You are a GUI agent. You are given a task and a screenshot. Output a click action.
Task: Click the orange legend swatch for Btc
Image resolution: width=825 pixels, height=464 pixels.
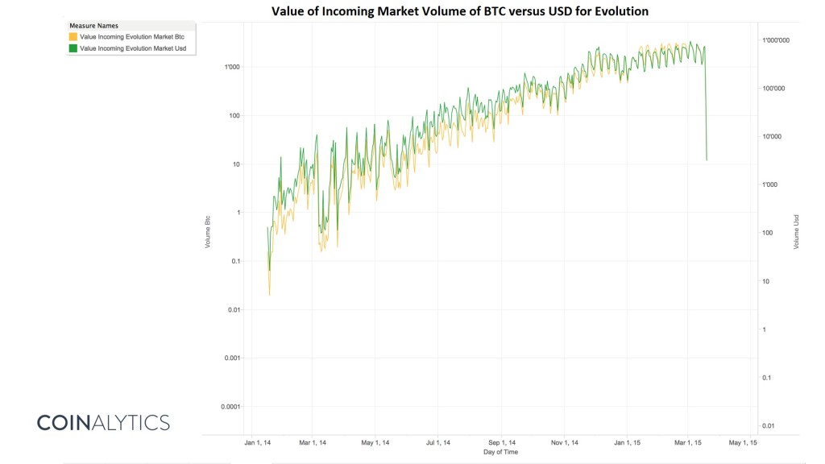pyautogui.click(x=73, y=37)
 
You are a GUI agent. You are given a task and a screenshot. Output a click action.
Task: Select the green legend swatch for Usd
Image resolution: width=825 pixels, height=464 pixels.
pyautogui.click(x=73, y=48)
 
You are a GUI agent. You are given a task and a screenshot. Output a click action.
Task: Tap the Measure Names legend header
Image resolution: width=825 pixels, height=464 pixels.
pyautogui.click(x=93, y=26)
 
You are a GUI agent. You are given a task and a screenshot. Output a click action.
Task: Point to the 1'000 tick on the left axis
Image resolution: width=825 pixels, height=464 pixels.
pyautogui.click(x=231, y=67)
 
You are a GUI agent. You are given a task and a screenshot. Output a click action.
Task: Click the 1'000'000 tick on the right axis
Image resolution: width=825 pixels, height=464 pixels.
pyautogui.click(x=778, y=40)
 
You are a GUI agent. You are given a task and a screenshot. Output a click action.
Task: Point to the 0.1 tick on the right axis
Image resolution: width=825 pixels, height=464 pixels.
pyautogui.click(x=768, y=378)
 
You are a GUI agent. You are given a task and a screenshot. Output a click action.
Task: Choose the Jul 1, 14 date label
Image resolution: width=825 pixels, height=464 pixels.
pyautogui.click(x=438, y=442)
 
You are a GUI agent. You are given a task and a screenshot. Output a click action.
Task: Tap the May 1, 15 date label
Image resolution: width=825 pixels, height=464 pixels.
pyautogui.click(x=743, y=442)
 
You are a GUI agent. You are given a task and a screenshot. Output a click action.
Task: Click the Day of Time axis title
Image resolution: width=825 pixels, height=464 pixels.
pyautogui.click(x=500, y=452)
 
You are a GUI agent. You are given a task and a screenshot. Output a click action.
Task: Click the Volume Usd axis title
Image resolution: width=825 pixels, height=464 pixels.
pyautogui.click(x=795, y=232)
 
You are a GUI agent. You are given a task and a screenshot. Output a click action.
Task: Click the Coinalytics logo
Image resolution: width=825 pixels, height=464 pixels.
pyautogui.click(x=103, y=422)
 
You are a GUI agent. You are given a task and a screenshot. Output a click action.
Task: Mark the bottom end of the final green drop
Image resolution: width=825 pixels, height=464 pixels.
pyautogui.click(x=707, y=160)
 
